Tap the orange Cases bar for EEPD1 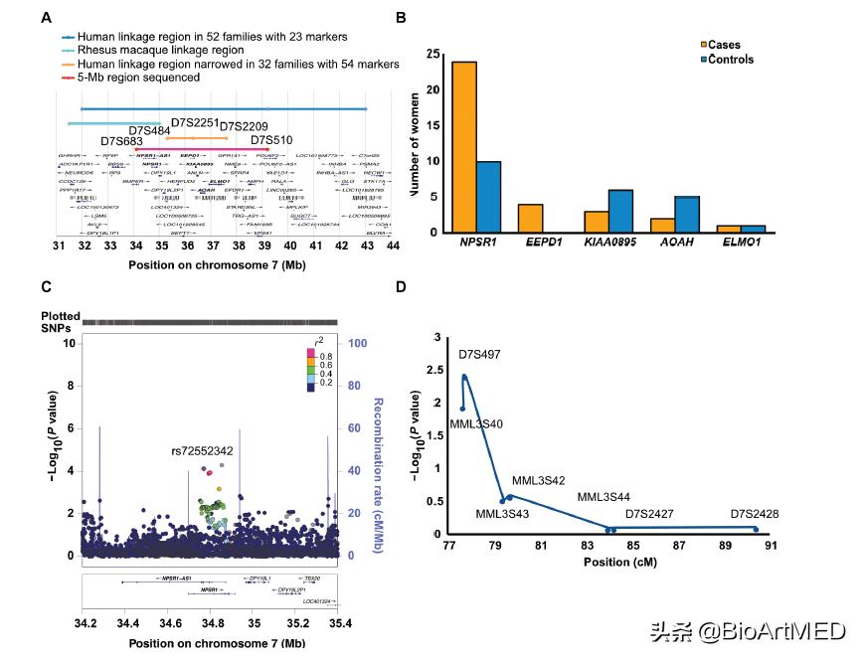click(x=530, y=218)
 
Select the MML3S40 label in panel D click(x=476, y=424)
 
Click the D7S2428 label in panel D click(x=755, y=514)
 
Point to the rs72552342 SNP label click(x=202, y=451)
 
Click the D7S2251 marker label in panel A click(x=194, y=122)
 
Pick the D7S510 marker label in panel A click(x=270, y=140)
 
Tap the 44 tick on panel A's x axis click(x=394, y=246)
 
